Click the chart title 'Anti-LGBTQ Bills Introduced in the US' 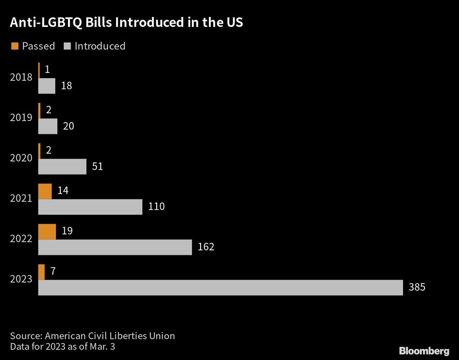[x=127, y=23]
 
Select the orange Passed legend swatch [x=15, y=46]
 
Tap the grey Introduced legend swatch [x=67, y=46]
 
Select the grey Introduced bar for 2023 [x=220, y=288]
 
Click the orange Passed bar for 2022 [x=47, y=232]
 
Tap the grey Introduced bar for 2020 [x=62, y=166]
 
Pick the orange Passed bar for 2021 [x=45, y=191]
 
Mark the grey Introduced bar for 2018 [x=46, y=86]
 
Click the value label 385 [x=417, y=288]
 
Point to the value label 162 [x=206, y=247]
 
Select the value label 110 [x=156, y=207]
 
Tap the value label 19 [x=67, y=231]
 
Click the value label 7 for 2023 [x=53, y=271]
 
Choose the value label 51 [x=97, y=166]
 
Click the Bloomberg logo [x=424, y=351]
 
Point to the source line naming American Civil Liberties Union [x=92, y=336]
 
